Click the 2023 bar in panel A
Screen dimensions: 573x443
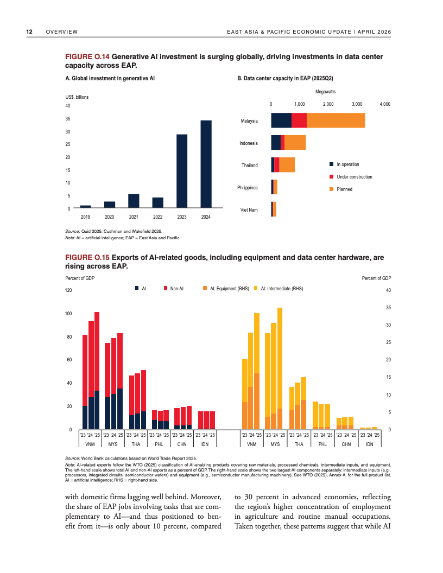pos(182,171)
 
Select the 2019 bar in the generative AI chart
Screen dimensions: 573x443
pos(85,206)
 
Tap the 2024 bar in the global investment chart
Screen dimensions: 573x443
pos(206,164)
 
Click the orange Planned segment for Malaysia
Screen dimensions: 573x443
pos(336,120)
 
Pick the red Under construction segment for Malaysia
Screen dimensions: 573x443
pos(299,120)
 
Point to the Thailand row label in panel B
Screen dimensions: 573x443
pos(250,165)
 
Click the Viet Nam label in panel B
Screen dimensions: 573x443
pos(249,209)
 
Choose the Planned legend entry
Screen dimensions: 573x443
pos(344,189)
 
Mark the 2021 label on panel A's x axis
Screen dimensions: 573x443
pos(134,218)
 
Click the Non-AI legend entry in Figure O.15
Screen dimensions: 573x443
pos(175,289)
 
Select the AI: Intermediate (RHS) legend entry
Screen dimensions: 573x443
pos(281,289)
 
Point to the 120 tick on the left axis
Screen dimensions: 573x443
pos(68,291)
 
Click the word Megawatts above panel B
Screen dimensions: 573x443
pos(325,92)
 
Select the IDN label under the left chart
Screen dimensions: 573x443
pos(205,444)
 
